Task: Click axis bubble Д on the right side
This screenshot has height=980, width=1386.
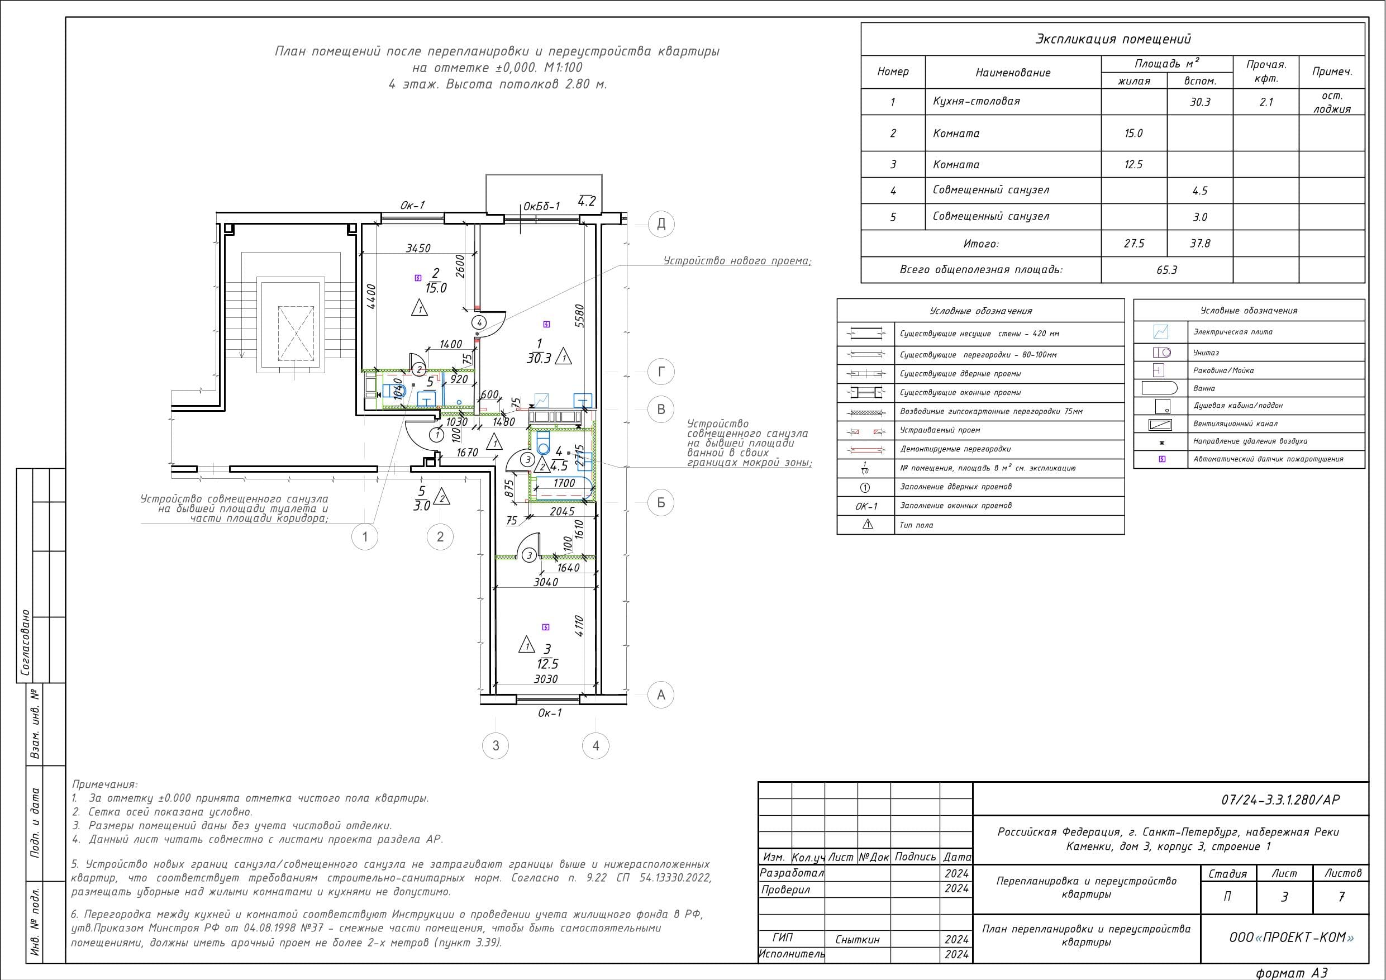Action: pos(661,224)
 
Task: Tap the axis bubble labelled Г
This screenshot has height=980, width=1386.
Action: pos(661,372)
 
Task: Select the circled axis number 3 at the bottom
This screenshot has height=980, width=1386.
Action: pos(496,746)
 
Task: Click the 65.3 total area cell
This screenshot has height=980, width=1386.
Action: pos(1166,270)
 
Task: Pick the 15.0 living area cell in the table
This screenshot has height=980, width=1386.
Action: pos(1133,134)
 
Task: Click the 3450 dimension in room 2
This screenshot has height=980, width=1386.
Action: pos(418,248)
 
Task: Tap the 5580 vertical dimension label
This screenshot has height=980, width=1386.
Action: pos(579,315)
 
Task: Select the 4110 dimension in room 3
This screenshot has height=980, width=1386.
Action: pos(578,626)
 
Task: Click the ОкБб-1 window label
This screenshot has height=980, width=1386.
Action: pos(541,206)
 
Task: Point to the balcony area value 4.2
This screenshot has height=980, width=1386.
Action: pos(587,201)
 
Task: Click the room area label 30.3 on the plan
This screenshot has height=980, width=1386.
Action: pos(539,358)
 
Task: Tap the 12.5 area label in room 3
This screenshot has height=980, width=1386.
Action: pos(547,664)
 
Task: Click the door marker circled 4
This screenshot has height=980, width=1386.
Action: pos(479,321)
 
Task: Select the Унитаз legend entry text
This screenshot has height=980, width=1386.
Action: pos(1206,353)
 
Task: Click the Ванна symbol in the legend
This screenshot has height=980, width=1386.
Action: pos(1159,388)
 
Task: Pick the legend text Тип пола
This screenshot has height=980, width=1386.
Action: pos(916,525)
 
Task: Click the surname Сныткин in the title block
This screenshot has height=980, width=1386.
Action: pos(857,940)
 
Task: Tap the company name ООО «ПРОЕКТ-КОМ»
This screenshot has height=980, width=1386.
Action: pos(1291,937)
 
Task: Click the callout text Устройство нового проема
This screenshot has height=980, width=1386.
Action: pos(737,261)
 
